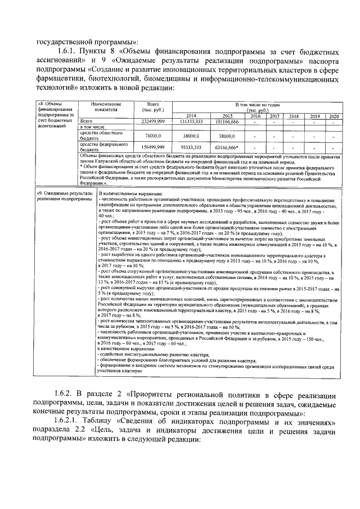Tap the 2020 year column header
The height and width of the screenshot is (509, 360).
pos(334,115)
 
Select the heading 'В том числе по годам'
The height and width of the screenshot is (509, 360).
pos(258,105)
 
